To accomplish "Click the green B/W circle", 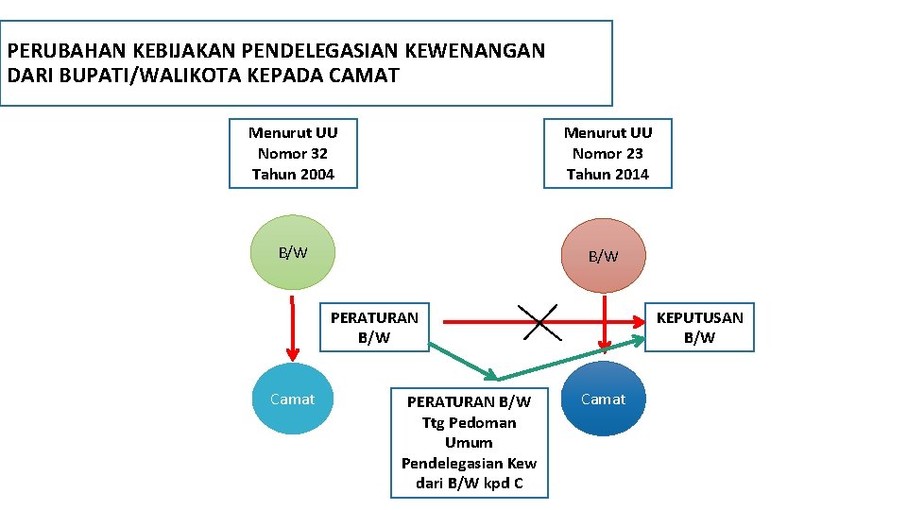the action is click(x=293, y=252).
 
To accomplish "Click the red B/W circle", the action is click(x=603, y=255).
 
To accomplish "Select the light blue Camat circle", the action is click(x=293, y=399).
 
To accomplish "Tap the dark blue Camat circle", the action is click(x=603, y=399).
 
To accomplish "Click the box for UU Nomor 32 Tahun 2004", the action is click(x=293, y=153).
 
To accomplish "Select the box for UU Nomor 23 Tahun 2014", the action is click(x=608, y=153).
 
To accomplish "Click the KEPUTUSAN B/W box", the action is click(x=699, y=328).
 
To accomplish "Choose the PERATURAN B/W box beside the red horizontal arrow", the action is click(x=374, y=328).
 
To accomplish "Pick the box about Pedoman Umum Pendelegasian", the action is click(x=469, y=442).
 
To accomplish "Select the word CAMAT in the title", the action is click(x=366, y=75).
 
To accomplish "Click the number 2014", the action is click(x=629, y=174).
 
